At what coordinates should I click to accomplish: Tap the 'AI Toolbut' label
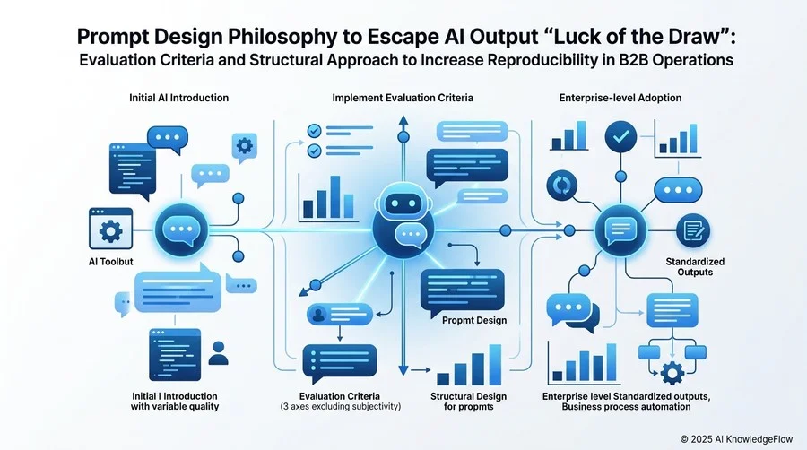click(110, 262)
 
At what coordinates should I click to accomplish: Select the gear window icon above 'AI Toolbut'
click(110, 229)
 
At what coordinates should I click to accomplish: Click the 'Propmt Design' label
click(474, 320)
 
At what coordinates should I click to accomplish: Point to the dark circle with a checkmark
click(620, 137)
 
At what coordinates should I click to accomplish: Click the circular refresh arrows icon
click(561, 186)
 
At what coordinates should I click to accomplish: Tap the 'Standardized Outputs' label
click(695, 267)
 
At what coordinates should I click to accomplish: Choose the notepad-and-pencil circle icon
click(693, 230)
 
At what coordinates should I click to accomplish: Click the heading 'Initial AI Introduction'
click(178, 98)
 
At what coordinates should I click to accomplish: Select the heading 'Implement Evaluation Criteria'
click(403, 98)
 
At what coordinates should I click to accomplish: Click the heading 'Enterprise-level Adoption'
click(620, 98)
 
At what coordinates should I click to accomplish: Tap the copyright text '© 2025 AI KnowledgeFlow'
click(736, 439)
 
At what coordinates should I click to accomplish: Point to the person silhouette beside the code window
click(218, 353)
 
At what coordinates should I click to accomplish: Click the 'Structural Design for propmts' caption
click(468, 402)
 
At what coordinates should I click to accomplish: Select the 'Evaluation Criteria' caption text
click(340, 396)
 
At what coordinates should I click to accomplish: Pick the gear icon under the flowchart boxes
click(672, 372)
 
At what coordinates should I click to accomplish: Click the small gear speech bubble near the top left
click(244, 148)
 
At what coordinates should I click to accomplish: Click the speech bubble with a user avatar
click(340, 315)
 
